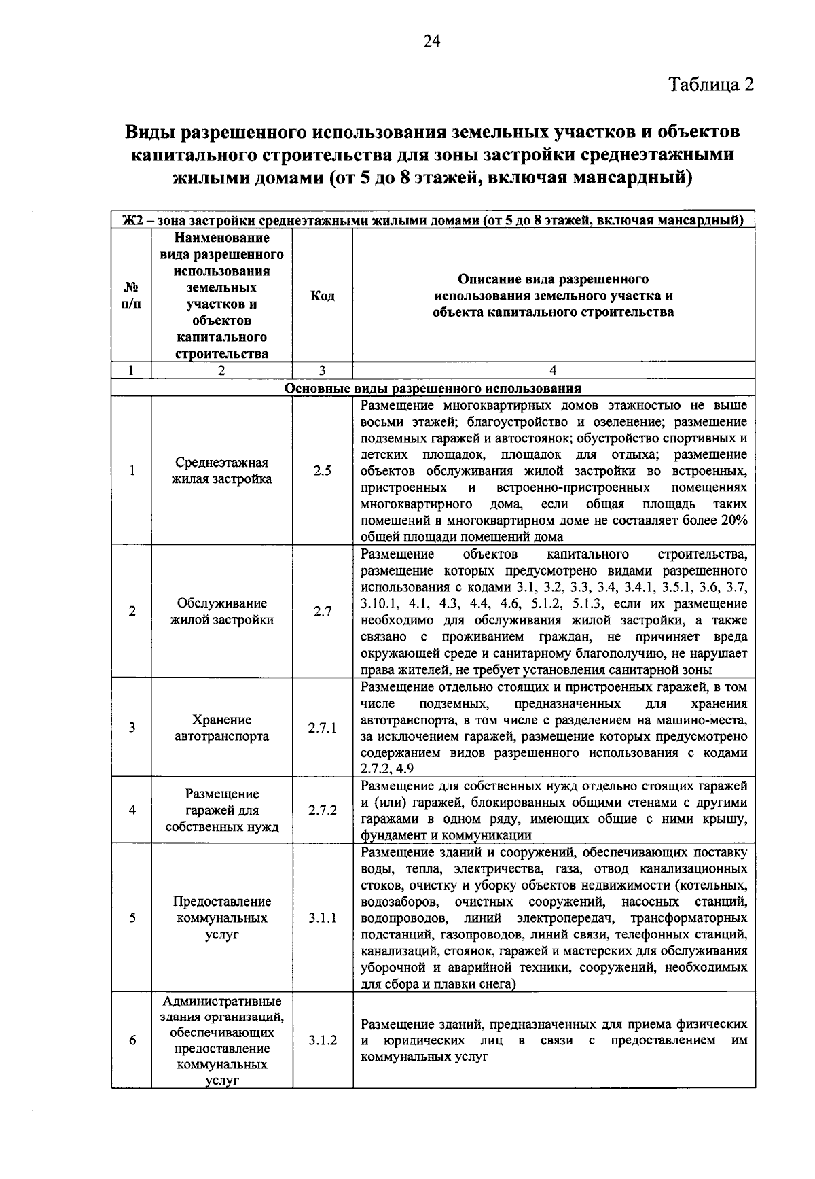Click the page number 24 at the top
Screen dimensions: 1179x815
click(432, 41)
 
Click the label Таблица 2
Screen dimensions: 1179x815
click(711, 85)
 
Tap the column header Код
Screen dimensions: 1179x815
click(322, 296)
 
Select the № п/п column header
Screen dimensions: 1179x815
click(131, 296)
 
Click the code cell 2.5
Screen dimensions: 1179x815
click(322, 470)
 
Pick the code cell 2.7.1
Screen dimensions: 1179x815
click(322, 728)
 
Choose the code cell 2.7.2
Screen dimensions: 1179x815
click(322, 810)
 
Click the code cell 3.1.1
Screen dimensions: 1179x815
click(322, 917)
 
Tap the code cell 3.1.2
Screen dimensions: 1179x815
click(322, 1040)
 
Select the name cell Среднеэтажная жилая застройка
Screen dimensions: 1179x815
click(221, 470)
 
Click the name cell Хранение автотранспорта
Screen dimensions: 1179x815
click(221, 728)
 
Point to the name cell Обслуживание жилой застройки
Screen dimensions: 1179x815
click(221, 611)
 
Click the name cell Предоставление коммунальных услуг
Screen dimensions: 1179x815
click(221, 917)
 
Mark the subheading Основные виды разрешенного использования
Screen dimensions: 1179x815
click(433, 389)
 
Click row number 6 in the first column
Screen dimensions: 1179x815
click(131, 1040)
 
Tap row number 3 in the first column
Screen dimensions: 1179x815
click(131, 728)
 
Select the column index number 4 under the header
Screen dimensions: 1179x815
click(553, 370)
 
